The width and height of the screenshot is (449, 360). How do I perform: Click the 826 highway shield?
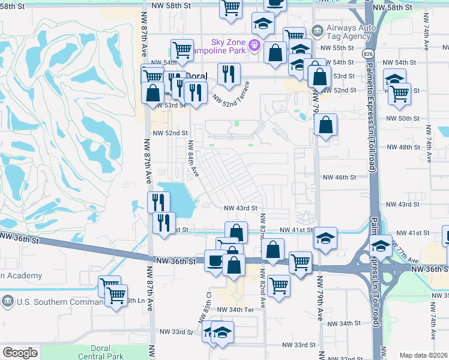366,54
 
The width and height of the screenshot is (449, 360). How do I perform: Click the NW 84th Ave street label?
192,158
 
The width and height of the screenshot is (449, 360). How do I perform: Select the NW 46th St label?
340,178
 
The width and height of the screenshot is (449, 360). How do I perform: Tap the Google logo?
20,353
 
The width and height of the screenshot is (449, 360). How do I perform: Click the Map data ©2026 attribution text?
423,355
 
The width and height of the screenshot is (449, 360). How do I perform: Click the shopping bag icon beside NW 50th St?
325,125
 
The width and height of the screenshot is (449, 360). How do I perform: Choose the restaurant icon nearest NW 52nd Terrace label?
228,74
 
